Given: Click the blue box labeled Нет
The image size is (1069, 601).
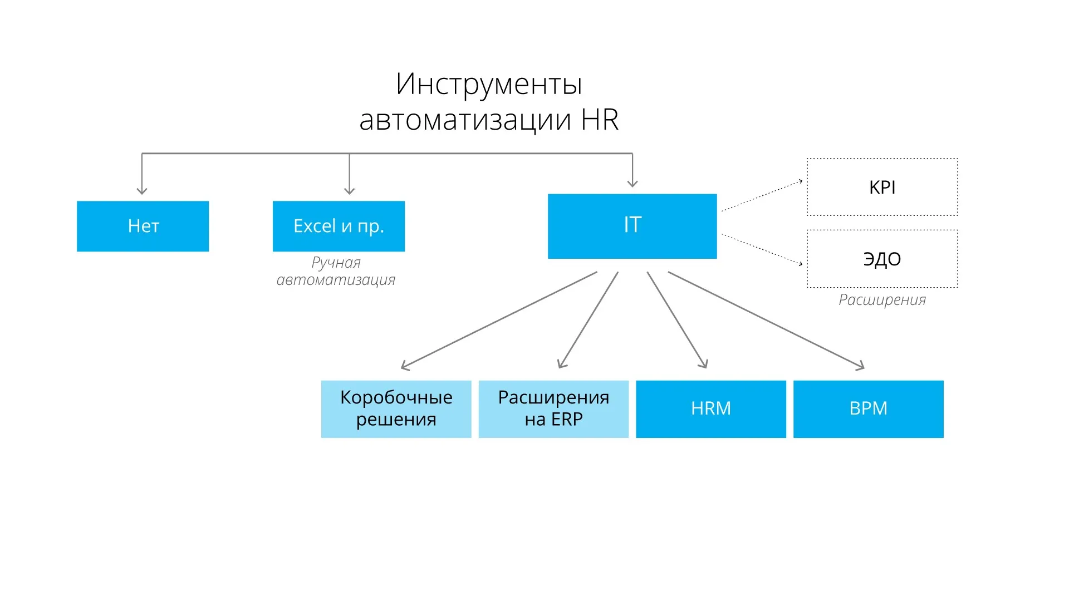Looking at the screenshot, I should point(143,226).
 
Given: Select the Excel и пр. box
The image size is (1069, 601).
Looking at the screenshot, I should point(339,226).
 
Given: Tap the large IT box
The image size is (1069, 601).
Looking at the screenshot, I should point(632,226).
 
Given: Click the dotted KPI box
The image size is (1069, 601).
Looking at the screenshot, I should point(882,187).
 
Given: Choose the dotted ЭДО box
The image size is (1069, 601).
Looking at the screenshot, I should point(882,259).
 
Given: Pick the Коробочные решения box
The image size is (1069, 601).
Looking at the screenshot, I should point(396,409).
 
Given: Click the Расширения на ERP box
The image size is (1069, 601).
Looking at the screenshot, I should point(553,409).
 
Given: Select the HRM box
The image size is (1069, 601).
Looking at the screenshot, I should point(711,409).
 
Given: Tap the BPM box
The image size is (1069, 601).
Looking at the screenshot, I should point(868,409).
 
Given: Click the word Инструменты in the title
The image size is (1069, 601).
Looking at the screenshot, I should point(489,85).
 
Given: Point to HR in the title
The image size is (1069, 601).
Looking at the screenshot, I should point(600,120).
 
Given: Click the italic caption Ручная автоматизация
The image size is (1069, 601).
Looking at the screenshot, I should point(336,271).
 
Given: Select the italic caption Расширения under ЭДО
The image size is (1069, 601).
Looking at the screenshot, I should point(882,300).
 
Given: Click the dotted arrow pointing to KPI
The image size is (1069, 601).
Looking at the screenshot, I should point(762,196).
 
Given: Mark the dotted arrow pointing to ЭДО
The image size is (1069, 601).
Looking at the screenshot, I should point(762,249).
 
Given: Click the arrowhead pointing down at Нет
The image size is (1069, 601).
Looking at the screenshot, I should point(142,190).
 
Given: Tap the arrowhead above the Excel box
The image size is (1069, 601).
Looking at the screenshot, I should point(349,190).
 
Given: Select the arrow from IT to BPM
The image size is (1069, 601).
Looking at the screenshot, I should point(766,320).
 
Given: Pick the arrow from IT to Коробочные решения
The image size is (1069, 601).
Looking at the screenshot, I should point(499,320).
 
